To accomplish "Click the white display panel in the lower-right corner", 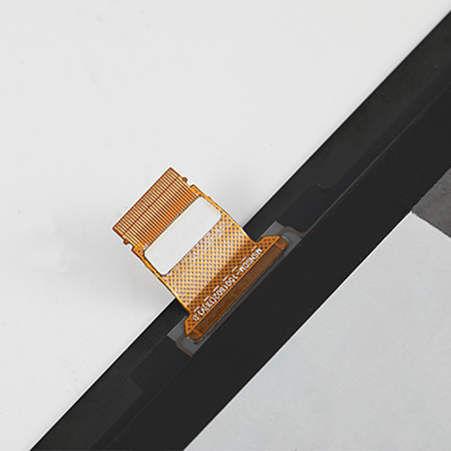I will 361,361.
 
